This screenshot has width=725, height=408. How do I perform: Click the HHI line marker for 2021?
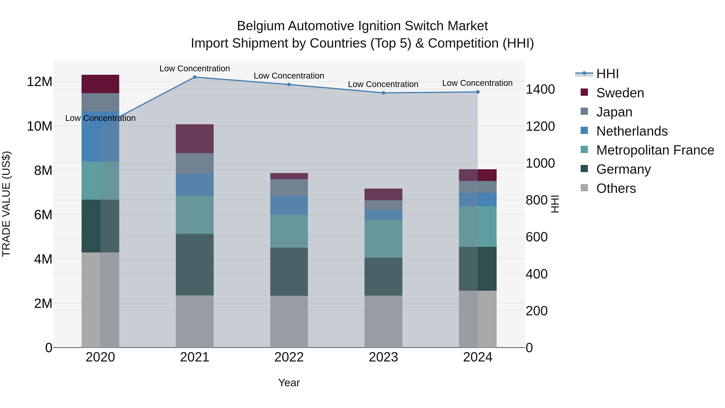195,77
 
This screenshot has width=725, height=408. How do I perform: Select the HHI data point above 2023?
383,93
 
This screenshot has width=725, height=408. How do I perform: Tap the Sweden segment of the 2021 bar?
195,139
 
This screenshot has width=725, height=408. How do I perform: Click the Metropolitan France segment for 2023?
383,239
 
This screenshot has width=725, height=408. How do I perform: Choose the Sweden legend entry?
620,93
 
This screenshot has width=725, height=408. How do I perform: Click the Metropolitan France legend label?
655,150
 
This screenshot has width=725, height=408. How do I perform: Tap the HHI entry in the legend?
607,74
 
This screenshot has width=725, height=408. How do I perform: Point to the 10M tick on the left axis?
39,126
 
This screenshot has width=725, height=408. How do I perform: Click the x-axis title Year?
289,383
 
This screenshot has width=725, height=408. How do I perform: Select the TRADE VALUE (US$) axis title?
6,204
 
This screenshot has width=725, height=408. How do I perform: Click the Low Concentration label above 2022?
289,76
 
